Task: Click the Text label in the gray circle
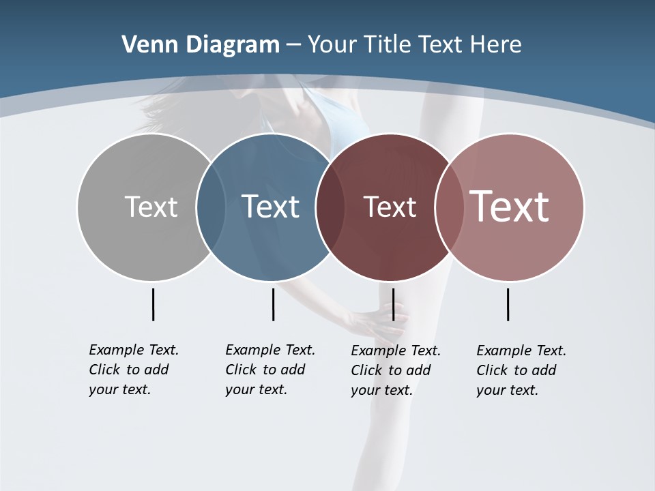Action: [x=151, y=207]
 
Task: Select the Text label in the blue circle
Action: [x=270, y=207]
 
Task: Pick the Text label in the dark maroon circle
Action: [x=390, y=207]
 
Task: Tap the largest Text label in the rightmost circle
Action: [x=510, y=207]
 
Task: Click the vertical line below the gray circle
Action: [x=153, y=304]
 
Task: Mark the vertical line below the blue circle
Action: [x=273, y=304]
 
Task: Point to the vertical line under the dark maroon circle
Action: [x=393, y=304]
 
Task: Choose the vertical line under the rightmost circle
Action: [x=508, y=304]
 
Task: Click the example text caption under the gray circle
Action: [x=134, y=370]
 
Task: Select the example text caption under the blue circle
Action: [x=270, y=370]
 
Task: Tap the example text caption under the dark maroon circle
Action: [x=396, y=370]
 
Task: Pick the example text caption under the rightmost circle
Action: [x=521, y=370]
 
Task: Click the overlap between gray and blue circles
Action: [x=211, y=207]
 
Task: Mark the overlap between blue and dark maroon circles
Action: [x=330, y=207]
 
